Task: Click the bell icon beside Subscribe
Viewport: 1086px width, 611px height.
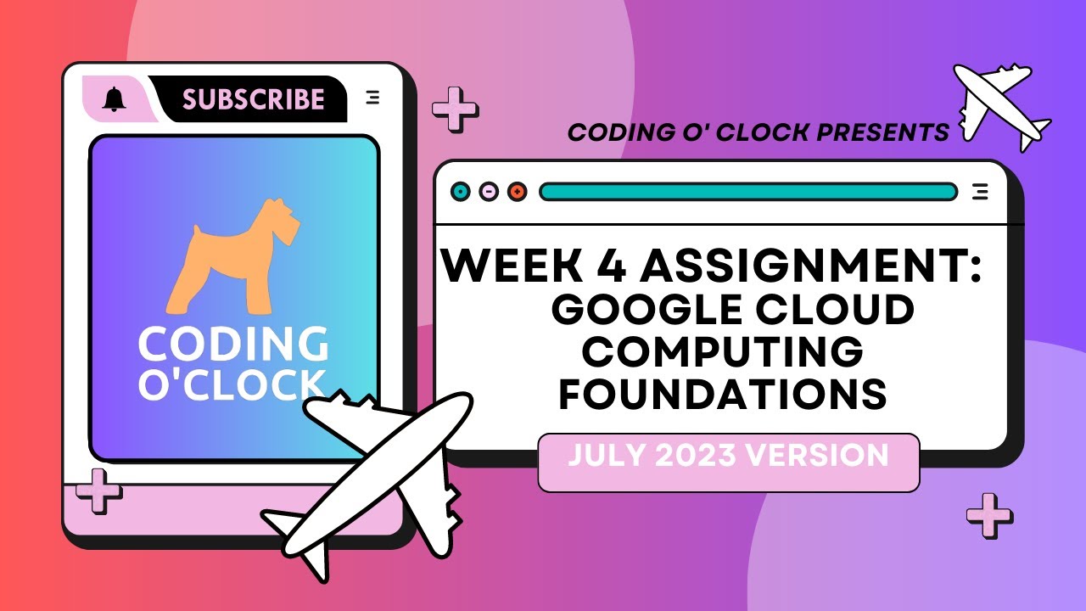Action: point(114,99)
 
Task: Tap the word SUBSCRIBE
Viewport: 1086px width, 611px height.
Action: point(253,99)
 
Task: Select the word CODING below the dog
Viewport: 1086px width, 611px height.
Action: point(233,345)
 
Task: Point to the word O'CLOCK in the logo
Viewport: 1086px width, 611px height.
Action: point(232,384)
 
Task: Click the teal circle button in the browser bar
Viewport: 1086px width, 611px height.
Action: point(461,192)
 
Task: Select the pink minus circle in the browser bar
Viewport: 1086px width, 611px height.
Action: point(489,192)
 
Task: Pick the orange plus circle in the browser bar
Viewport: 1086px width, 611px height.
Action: point(517,192)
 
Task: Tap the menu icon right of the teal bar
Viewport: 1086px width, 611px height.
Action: point(980,192)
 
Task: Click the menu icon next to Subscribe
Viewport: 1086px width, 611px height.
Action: point(372,98)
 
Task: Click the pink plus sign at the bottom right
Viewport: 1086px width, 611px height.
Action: point(989,514)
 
